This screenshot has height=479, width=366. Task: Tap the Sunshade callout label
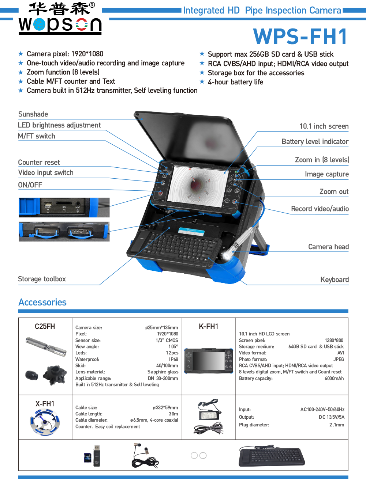pyautogui.click(x=33, y=114)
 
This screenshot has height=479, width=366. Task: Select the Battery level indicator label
pyautogui.click(x=315, y=142)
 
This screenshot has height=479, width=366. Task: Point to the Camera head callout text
pyautogui.click(x=328, y=247)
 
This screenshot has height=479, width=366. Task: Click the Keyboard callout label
pyautogui.click(x=334, y=280)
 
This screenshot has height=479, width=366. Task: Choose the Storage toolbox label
pyautogui.click(x=42, y=279)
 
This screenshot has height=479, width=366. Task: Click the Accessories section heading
pyautogui.click(x=42, y=303)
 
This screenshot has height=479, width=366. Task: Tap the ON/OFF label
pyautogui.click(x=30, y=185)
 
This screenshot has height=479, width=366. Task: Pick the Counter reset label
pyautogui.click(x=39, y=163)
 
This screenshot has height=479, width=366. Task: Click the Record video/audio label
pyautogui.click(x=320, y=209)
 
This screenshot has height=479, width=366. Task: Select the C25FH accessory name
pyautogui.click(x=45, y=326)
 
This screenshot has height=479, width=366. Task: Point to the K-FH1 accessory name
pyautogui.click(x=208, y=326)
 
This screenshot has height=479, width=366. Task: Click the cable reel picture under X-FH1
pyautogui.click(x=45, y=422)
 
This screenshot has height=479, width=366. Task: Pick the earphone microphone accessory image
pyautogui.click(x=145, y=455)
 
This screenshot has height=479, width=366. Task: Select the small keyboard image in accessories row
pyautogui.click(x=272, y=456)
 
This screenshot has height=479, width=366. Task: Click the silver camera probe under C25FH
pyautogui.click(x=46, y=347)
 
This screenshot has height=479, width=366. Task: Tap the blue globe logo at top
pyautogui.click(x=39, y=24)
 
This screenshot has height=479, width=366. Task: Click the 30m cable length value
pyautogui.click(x=173, y=414)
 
